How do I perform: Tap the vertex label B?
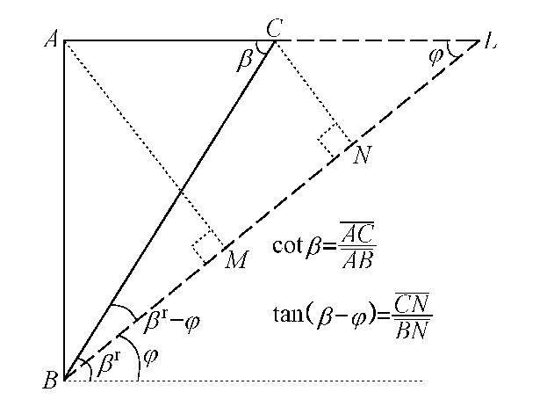[51, 381]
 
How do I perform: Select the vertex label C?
[273, 27]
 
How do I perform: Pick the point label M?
[234, 260]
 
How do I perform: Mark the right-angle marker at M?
[207, 249]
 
